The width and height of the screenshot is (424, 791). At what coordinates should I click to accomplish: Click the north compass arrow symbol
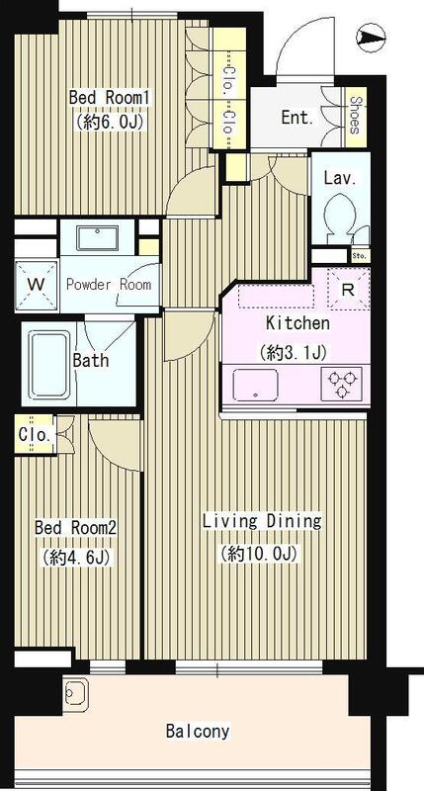pyautogui.click(x=371, y=38)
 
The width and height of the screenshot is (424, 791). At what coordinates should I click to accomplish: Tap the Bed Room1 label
pyautogui.click(x=111, y=97)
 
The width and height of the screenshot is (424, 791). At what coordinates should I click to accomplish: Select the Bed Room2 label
pyautogui.click(x=76, y=528)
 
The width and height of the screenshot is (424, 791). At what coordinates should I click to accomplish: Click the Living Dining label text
pyautogui.click(x=262, y=521)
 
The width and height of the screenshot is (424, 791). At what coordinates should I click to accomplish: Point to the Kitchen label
pyautogui.click(x=297, y=323)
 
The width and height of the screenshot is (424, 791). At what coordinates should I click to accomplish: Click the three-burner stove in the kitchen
pyautogui.click(x=342, y=385)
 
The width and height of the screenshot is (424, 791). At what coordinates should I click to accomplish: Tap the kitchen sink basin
pyautogui.click(x=256, y=385)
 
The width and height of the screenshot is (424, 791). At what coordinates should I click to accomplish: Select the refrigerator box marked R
pyautogui.click(x=349, y=289)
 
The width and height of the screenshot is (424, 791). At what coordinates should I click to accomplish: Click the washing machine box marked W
pyautogui.click(x=37, y=285)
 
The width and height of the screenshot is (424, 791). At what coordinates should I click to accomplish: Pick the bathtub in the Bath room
pyautogui.click(x=48, y=363)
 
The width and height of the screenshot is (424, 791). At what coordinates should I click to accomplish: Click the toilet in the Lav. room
pyautogui.click(x=339, y=218)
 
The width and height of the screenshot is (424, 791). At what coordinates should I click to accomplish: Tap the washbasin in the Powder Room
pyautogui.click(x=98, y=238)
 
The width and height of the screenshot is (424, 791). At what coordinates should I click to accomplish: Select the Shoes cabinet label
pyautogui.click(x=355, y=116)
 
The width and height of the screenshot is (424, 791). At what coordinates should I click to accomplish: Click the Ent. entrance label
pyautogui.click(x=297, y=118)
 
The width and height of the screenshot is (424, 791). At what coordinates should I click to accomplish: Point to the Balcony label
pyautogui.click(x=198, y=731)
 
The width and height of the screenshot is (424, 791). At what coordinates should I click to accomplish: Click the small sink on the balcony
pyautogui.click(x=76, y=691)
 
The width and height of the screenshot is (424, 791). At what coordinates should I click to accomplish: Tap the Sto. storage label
pyautogui.click(x=360, y=256)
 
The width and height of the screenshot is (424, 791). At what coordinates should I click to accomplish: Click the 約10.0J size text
pyautogui.click(x=258, y=553)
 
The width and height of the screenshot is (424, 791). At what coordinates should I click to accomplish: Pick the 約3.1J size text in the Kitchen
pyautogui.click(x=293, y=352)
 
